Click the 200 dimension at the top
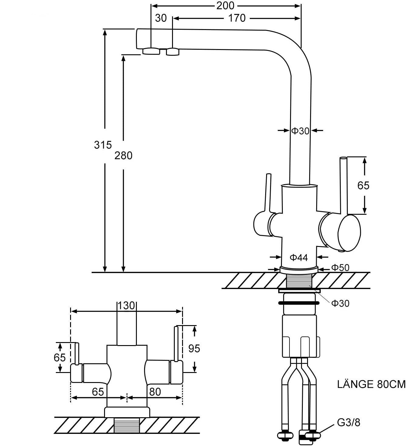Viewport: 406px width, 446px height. click(225, 5)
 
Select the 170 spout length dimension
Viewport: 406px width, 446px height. click(237, 18)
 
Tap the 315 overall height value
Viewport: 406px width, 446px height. click(103, 145)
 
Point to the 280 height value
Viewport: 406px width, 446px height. click(123, 155)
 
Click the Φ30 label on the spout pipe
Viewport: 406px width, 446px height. click(300, 131)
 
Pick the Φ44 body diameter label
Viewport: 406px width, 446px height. click(299, 258)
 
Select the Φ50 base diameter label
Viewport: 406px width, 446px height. click(340, 268)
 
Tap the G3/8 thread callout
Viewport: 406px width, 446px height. click(349, 422)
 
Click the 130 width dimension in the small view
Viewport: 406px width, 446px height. click(126, 305)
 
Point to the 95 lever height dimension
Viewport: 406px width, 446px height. click(194, 349)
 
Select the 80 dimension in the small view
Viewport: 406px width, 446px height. click(155, 392)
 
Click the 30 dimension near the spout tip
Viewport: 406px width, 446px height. click(161, 18)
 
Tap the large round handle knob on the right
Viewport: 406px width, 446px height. click(349, 233)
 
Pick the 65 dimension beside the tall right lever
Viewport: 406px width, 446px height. click(363, 185)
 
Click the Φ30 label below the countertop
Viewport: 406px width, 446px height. click(340, 303)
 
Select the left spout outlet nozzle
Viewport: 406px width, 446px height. click(151, 51)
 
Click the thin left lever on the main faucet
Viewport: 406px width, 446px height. click(267, 193)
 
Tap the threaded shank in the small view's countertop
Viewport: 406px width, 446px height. click(127, 425)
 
